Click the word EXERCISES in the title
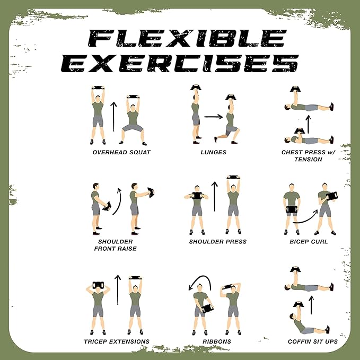point(180,64)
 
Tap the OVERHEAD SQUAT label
point(121,152)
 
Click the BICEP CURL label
point(310,242)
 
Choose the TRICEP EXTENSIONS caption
point(116,341)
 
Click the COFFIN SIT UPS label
point(313,341)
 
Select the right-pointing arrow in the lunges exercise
point(213,116)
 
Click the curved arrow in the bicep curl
point(305,217)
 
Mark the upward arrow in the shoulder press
point(215,197)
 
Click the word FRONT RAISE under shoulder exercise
point(115,248)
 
